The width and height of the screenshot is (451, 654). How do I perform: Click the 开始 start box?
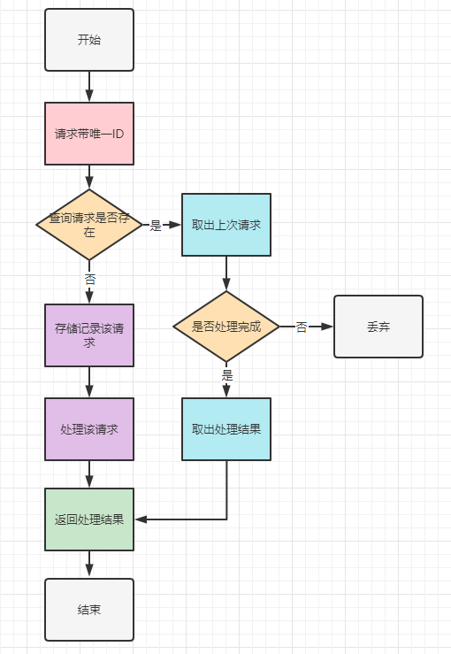click(89, 40)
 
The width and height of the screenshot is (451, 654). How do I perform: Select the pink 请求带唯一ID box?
click(89, 134)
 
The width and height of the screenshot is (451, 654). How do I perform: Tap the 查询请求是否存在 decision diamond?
click(89, 225)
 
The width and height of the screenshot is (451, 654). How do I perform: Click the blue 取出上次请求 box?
click(226, 225)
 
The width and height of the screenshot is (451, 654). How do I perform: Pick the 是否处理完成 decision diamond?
click(226, 327)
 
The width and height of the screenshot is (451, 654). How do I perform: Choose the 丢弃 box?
click(378, 327)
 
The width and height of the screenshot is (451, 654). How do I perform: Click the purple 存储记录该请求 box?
click(89, 335)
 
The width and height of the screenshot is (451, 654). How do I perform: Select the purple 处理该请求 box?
click(89, 429)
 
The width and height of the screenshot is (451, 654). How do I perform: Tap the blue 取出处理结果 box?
click(226, 429)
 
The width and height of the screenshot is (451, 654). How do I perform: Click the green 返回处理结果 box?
click(89, 519)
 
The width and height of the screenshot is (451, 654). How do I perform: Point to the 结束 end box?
click(89, 610)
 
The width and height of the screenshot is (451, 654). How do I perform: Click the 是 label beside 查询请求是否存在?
click(156, 226)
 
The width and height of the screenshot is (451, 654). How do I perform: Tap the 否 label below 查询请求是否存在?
click(90, 279)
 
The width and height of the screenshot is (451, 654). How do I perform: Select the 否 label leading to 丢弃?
click(302, 327)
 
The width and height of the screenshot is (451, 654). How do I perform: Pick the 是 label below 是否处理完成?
click(227, 375)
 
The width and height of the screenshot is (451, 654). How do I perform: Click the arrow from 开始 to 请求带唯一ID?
click(89, 87)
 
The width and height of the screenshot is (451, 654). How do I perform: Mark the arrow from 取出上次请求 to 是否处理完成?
click(226, 273)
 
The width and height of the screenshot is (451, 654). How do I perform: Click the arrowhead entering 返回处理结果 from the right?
click(141, 519)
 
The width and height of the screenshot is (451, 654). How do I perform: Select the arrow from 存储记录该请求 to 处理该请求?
click(89, 382)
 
